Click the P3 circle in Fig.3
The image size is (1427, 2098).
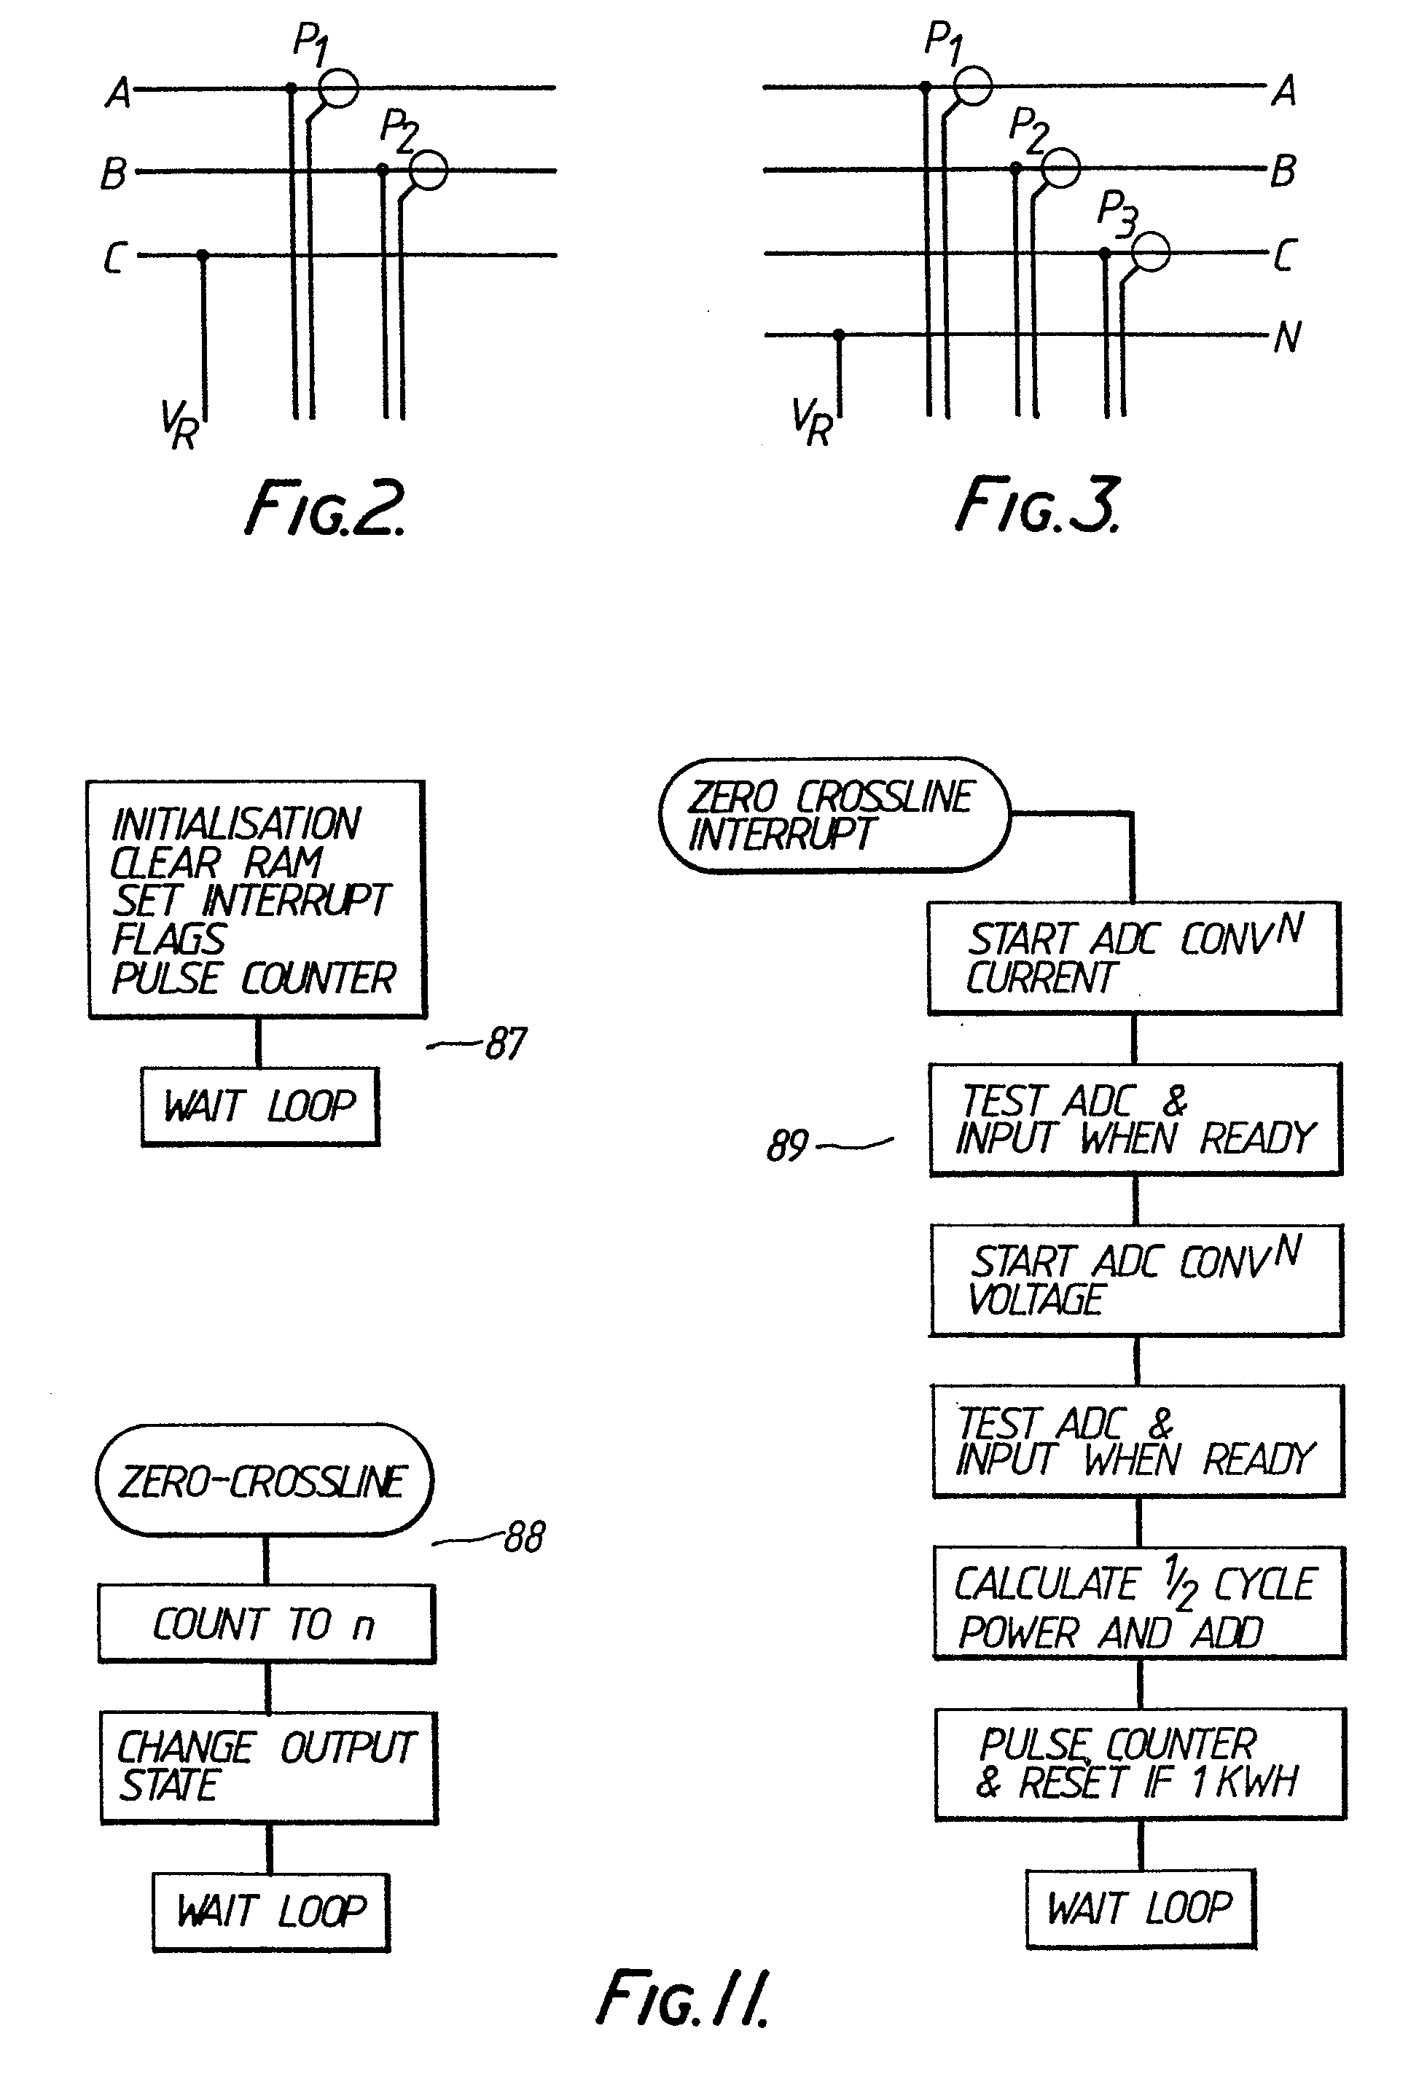(x=1151, y=252)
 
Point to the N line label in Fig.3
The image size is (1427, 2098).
(x=1287, y=337)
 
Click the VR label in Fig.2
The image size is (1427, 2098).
(x=179, y=423)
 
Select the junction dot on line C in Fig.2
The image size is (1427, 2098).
(x=203, y=256)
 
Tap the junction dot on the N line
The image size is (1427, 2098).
(x=839, y=335)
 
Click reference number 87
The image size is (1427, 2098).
(x=506, y=1044)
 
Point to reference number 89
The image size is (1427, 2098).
(x=787, y=1146)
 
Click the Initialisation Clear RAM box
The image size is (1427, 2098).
(x=257, y=899)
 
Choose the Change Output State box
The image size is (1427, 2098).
(x=268, y=1766)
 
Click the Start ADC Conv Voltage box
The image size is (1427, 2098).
(x=1136, y=1280)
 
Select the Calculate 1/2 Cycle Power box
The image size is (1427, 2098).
(x=1139, y=1603)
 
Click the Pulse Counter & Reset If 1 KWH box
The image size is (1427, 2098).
(x=1140, y=1763)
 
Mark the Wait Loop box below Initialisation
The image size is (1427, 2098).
(x=260, y=1107)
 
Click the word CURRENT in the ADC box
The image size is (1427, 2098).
(x=1041, y=978)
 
